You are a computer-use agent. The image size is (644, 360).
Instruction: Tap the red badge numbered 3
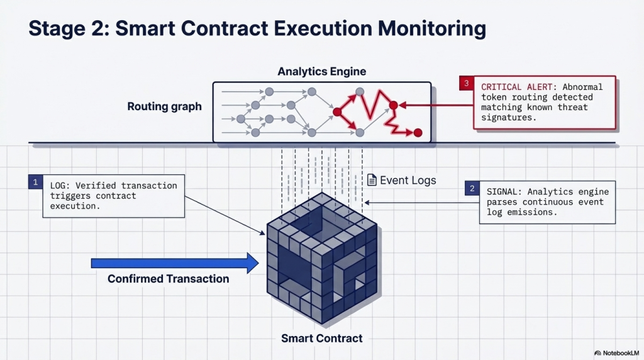pyautogui.click(x=466, y=84)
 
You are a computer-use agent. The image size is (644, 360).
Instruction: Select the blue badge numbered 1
pyautogui.click(x=35, y=182)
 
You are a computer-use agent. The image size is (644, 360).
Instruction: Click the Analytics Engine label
pyautogui.click(x=321, y=72)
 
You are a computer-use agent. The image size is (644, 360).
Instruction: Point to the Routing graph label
pyautogui.click(x=165, y=106)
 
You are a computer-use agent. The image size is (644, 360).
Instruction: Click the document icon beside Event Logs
pyautogui.click(x=372, y=180)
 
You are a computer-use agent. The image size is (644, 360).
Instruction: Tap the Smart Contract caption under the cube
pyautogui.click(x=321, y=339)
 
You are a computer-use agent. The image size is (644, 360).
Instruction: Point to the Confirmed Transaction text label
pyautogui.click(x=168, y=279)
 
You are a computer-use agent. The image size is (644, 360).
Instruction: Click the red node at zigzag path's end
pyautogui.click(x=417, y=133)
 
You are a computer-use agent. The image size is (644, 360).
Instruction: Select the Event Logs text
pyautogui.click(x=408, y=181)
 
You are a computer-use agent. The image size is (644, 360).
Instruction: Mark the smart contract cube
pyautogui.click(x=321, y=258)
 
